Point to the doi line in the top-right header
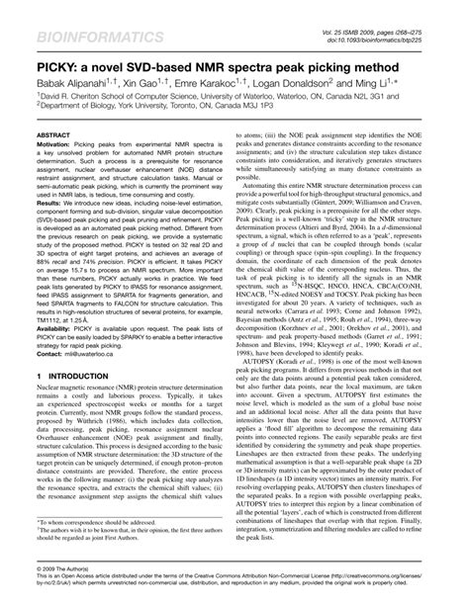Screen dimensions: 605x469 (x=398, y=19)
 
